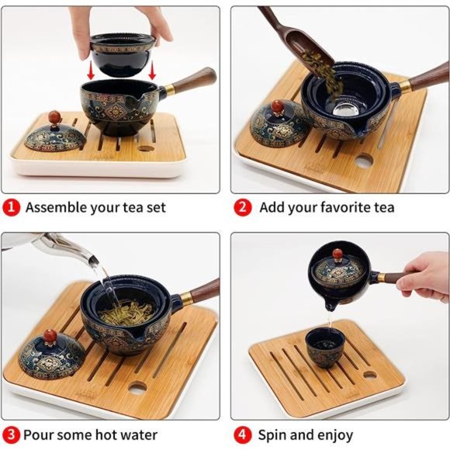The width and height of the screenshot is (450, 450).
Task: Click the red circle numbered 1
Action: pyautogui.click(x=11, y=207)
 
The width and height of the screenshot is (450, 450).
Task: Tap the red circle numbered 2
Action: pyautogui.click(x=243, y=207)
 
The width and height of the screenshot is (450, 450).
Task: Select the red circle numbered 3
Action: pyautogui.click(x=11, y=434)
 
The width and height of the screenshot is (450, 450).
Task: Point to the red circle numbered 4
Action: pyautogui.click(x=243, y=434)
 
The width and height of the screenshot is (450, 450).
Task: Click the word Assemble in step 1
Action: pyautogui.click(x=56, y=207)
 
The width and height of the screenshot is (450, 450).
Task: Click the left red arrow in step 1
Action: pyautogui.click(x=91, y=71)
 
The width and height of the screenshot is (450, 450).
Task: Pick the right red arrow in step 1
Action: pyautogui.click(x=152, y=71)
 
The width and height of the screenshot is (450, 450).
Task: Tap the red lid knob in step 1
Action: pyautogui.click(x=54, y=117)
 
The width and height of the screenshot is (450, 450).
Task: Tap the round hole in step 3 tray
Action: pyautogui.click(x=137, y=389)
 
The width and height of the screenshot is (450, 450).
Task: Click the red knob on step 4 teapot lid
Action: pyautogui.click(x=337, y=254)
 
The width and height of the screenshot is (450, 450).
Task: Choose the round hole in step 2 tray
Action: pyautogui.click(x=363, y=161)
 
